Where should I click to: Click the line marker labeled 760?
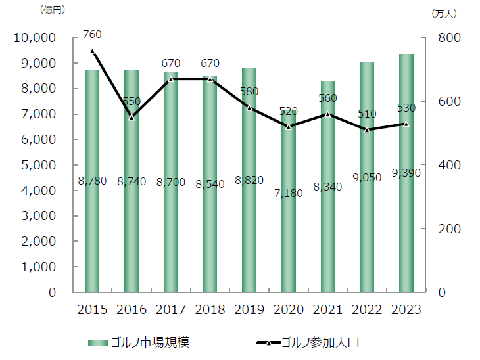pyautogui.click(x=92, y=51)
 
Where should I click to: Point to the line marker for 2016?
pyautogui.click(x=132, y=117)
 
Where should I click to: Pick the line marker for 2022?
pyautogui.click(x=366, y=130)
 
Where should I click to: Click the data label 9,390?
pyautogui.click(x=406, y=173)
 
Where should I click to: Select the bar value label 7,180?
pyautogui.click(x=288, y=193)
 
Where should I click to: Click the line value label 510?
pyautogui.click(x=366, y=114)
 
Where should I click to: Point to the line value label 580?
pyautogui.click(x=249, y=91)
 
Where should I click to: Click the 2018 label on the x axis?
pyautogui.click(x=210, y=309)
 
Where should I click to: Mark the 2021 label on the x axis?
pyautogui.click(x=327, y=309)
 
